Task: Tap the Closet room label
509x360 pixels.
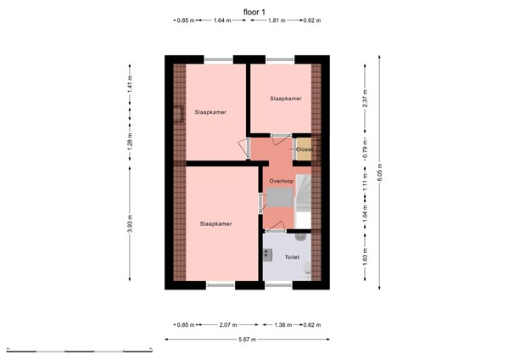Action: (x=304, y=149)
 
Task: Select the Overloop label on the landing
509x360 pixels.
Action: (x=281, y=182)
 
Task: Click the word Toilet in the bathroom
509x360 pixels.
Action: (x=292, y=256)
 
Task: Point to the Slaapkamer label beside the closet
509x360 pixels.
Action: (x=286, y=99)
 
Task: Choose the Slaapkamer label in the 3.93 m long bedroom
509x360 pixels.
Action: (x=216, y=224)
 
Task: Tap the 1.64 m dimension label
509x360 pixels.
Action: (x=223, y=20)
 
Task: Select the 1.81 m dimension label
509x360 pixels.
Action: (x=276, y=20)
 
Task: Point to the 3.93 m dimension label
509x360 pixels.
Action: (x=130, y=225)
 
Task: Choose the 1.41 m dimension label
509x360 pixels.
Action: (x=130, y=84)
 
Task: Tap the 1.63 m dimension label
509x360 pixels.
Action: (x=365, y=258)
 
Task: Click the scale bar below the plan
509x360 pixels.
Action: (x=78, y=350)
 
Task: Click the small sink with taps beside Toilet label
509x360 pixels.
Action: (x=266, y=255)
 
